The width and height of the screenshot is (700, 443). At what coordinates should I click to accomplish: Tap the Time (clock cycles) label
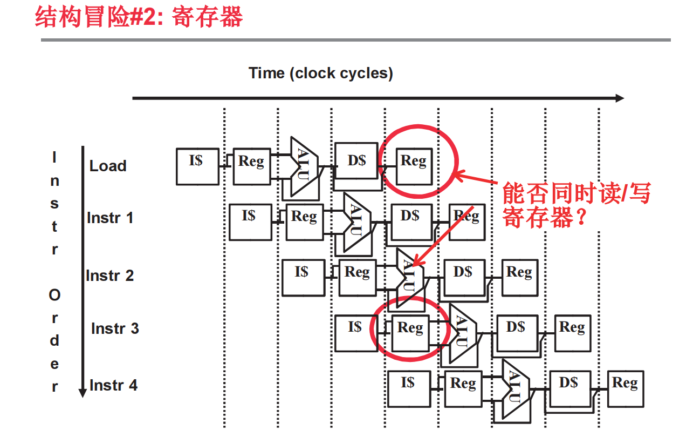click(x=320, y=73)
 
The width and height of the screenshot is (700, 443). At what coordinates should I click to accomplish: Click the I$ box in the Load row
click(x=197, y=166)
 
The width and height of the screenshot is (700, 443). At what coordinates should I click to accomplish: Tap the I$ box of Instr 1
click(x=250, y=222)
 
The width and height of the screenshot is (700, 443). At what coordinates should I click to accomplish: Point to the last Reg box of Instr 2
click(x=519, y=277)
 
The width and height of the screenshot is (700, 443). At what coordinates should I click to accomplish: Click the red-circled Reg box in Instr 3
click(x=410, y=333)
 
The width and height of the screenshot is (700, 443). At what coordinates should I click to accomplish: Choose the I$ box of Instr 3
click(x=355, y=333)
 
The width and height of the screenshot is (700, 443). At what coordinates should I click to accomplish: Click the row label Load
click(x=108, y=166)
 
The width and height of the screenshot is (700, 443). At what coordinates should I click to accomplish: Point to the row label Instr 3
click(x=115, y=328)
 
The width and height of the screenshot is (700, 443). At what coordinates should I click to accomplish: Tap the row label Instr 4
click(x=113, y=385)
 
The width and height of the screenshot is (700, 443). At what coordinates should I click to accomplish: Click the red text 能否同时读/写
click(x=576, y=193)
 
